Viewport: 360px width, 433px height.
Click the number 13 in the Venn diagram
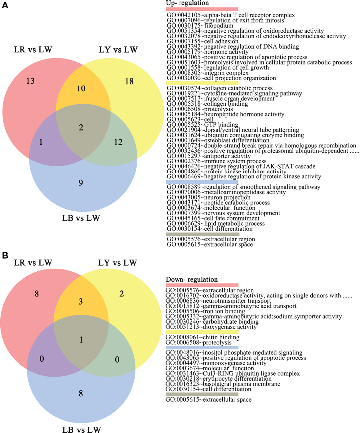pyautogui.click(x=30, y=81)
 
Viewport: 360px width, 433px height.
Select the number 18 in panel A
pyautogui.click(x=129, y=82)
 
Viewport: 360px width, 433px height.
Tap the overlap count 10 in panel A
pyautogui.click(x=81, y=89)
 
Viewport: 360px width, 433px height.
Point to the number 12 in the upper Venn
pyautogui.click(x=118, y=142)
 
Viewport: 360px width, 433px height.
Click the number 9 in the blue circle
pyautogui.click(x=81, y=183)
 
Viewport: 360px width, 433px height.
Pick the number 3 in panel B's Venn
pyautogui.click(x=81, y=301)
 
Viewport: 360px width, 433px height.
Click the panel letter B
pyautogui.click(x=5, y=255)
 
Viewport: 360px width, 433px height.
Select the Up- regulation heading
pyautogui.click(x=187, y=3)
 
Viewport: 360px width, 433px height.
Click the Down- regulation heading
pyautogui.click(x=192, y=279)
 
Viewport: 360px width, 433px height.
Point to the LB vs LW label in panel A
pyautogui.click(x=81, y=218)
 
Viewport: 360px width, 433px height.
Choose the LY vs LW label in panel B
pyautogui.click(x=118, y=263)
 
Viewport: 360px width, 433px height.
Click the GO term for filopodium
pyautogui.click(x=200, y=26)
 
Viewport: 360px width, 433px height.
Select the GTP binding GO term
pyautogui.click(x=202, y=125)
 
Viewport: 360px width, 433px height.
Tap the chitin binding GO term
pyautogui.click(x=202, y=337)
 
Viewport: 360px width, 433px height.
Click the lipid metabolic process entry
pyautogui.click(x=216, y=224)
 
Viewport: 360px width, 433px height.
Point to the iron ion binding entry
pyautogui.click(x=205, y=311)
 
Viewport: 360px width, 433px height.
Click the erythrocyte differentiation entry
pyautogui.click(x=218, y=379)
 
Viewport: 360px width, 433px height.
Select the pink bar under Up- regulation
pyautogui.click(x=202, y=9)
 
